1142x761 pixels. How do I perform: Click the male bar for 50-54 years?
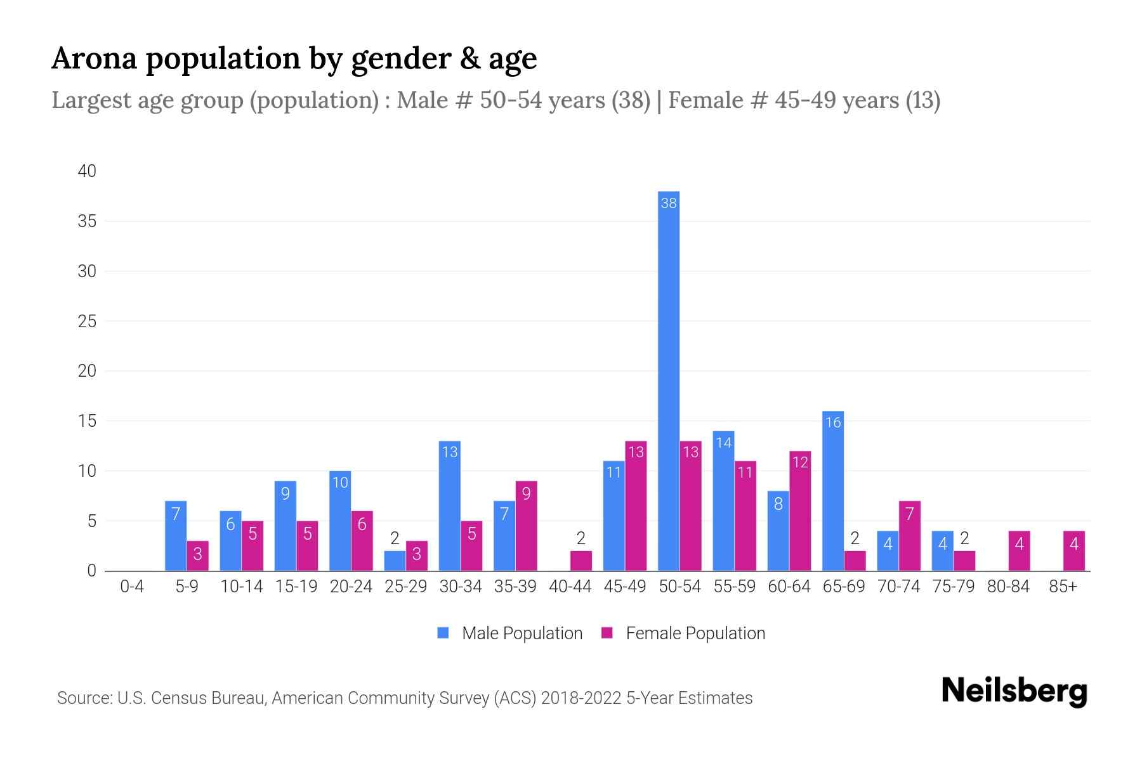(x=669, y=380)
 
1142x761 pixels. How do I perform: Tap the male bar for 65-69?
(x=833, y=491)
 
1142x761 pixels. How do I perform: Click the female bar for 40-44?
(x=581, y=561)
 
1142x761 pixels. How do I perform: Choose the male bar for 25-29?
(x=395, y=561)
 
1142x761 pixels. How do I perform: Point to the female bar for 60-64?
(x=800, y=511)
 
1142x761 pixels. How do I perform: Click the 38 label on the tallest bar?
(x=669, y=203)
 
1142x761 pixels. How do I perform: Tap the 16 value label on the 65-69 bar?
(x=833, y=422)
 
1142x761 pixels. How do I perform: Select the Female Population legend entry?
(x=683, y=633)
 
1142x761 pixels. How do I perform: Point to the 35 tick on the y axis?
(x=88, y=221)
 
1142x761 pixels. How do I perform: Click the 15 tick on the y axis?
(x=88, y=421)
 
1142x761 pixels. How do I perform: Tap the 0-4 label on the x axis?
(x=132, y=587)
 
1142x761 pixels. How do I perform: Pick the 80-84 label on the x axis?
(x=1008, y=587)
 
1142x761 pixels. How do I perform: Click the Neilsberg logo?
(x=1014, y=691)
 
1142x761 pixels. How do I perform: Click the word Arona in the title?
(x=95, y=58)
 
